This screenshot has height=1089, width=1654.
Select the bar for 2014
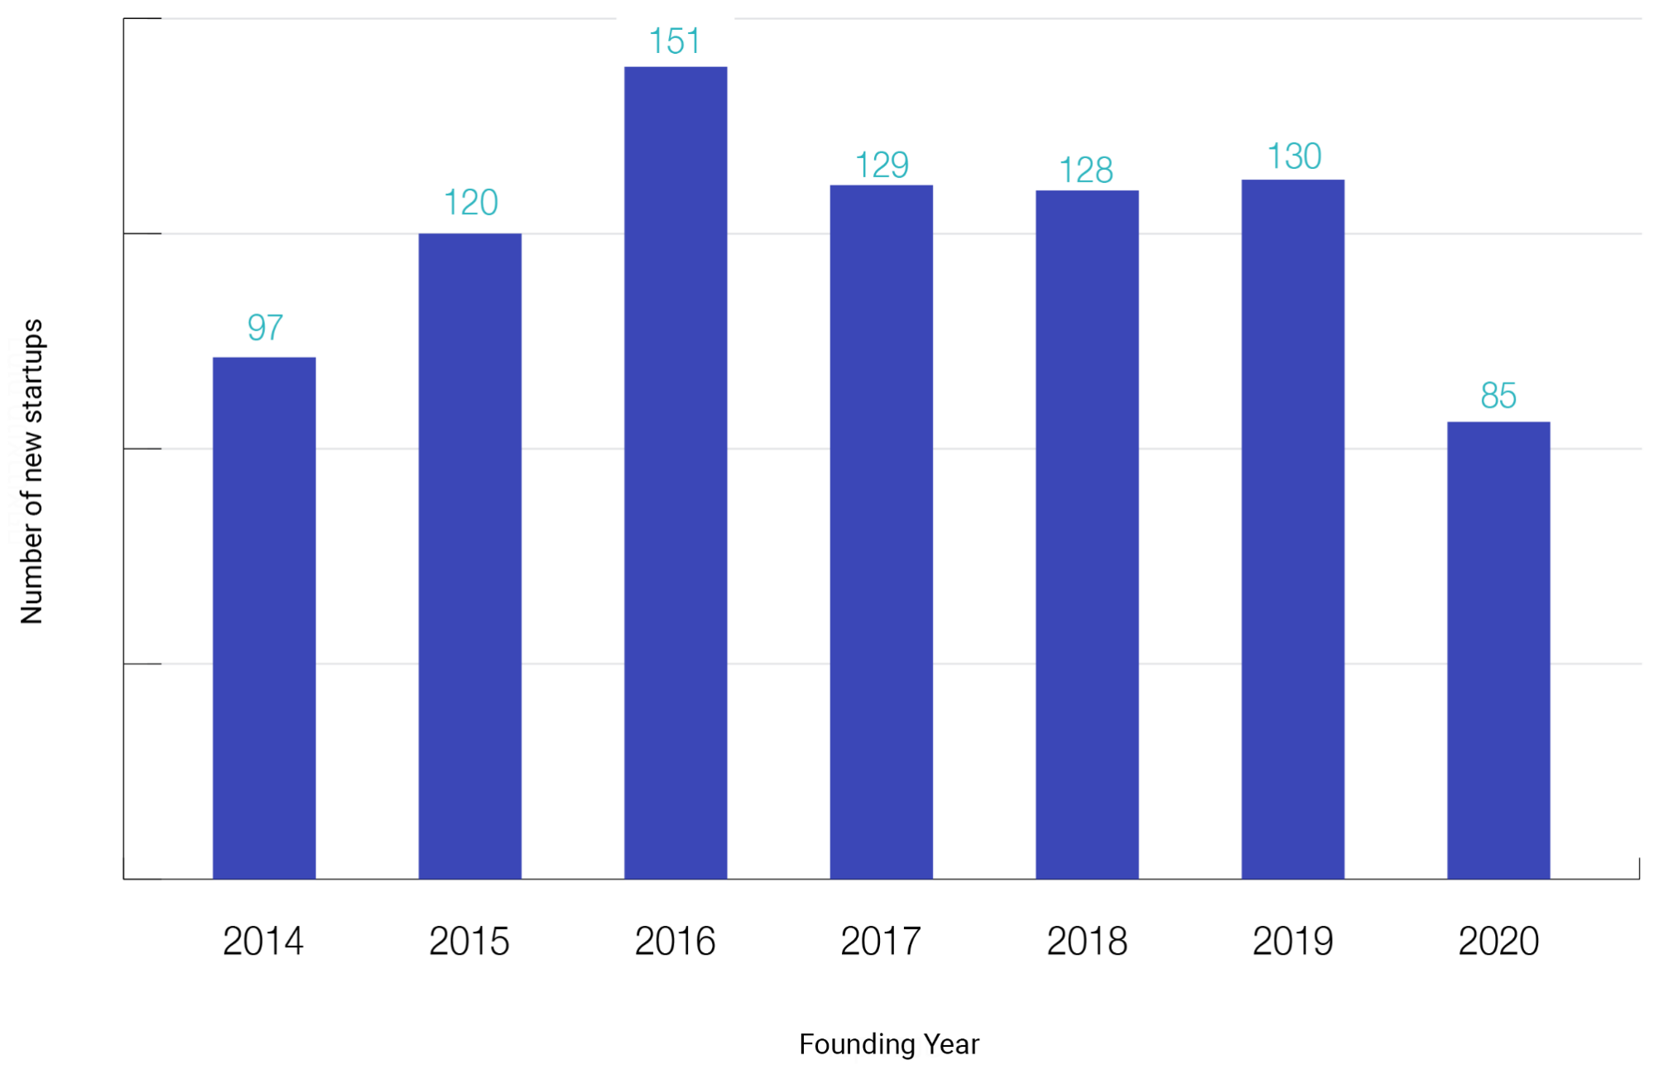click(264, 617)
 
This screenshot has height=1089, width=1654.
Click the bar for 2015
click(469, 555)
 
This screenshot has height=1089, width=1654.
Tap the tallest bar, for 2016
click(676, 472)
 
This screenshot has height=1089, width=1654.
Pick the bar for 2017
click(881, 531)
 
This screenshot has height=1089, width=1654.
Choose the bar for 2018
click(1087, 534)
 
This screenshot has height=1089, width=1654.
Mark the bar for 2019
click(1292, 528)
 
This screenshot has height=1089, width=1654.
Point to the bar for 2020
click(1498, 649)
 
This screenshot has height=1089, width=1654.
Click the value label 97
click(265, 328)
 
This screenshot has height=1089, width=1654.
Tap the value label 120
click(470, 203)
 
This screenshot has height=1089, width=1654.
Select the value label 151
click(675, 41)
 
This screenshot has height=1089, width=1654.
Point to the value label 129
click(882, 165)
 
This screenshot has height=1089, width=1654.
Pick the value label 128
click(1086, 171)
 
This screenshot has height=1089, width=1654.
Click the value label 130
click(1294, 157)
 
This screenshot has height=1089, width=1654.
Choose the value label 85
click(1498, 396)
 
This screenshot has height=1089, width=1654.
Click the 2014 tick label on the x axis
click(263, 942)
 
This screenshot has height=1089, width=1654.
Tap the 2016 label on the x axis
click(675, 942)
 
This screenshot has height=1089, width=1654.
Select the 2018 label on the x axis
click(1087, 942)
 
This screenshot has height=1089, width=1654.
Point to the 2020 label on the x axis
click(1498, 942)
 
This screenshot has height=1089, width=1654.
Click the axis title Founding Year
click(889, 1044)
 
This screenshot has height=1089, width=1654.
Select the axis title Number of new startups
click(31, 471)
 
